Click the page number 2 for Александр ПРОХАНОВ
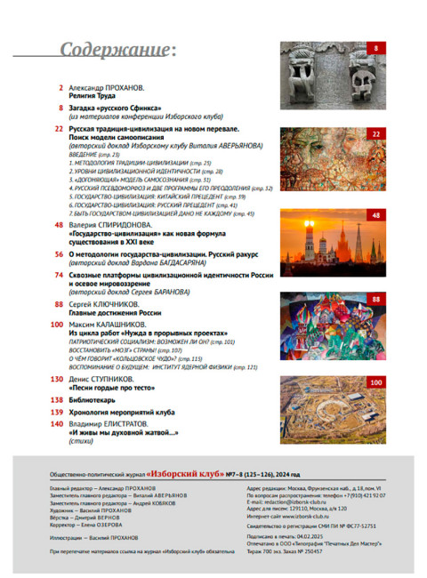point(60,87)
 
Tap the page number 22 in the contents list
point(58,129)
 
